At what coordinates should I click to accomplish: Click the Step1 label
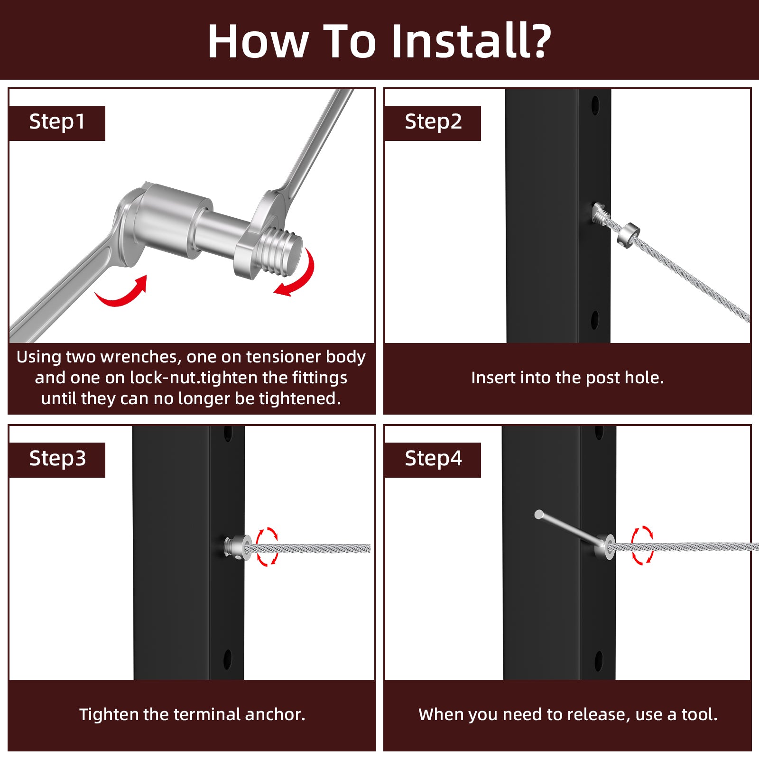click(x=57, y=122)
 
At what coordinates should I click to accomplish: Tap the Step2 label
click(x=433, y=122)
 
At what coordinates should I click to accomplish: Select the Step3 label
click(x=57, y=459)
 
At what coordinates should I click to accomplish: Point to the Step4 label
click(x=433, y=459)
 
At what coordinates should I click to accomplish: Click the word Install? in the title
click(x=472, y=41)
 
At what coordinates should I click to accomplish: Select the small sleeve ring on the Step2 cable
click(x=629, y=234)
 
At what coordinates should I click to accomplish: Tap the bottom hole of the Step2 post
click(x=594, y=320)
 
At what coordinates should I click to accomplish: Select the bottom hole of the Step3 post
click(x=227, y=659)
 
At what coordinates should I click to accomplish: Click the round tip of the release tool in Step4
click(x=539, y=514)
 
